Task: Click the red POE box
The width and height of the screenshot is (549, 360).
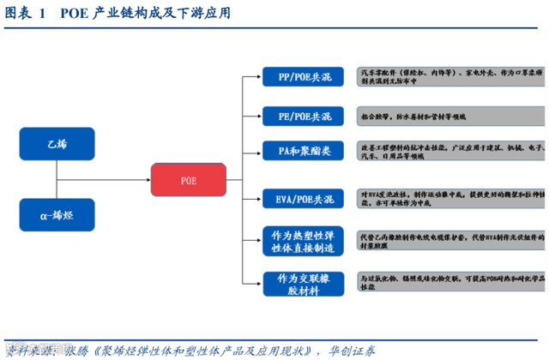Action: tap(188, 180)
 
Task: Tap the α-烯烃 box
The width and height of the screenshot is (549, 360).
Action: tap(56, 214)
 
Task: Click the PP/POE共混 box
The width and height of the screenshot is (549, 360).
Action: tap(302, 78)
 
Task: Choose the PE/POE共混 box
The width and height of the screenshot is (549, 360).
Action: tap(302, 117)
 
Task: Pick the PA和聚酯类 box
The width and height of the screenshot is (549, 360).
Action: tap(302, 151)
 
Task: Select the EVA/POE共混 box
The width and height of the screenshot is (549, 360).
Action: tap(302, 200)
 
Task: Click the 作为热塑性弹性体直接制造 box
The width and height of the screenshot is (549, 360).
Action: tap(302, 240)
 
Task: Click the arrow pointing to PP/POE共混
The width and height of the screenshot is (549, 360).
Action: tap(256, 78)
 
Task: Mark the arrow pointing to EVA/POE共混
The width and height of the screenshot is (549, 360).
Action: tap(256, 200)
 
